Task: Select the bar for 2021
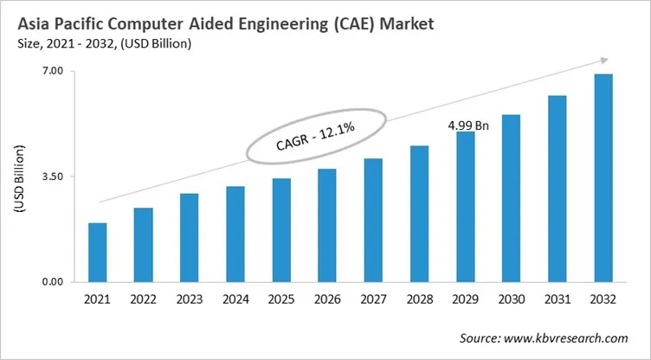(x=98, y=253)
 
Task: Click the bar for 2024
(x=235, y=235)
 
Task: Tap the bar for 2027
(x=373, y=221)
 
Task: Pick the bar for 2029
(x=466, y=207)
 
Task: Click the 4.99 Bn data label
(x=468, y=125)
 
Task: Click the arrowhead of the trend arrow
(x=600, y=61)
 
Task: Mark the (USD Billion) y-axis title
(x=18, y=177)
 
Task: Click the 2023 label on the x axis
(x=190, y=299)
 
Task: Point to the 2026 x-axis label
(x=327, y=299)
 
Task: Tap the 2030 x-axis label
(x=512, y=299)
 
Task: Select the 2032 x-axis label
(x=603, y=299)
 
